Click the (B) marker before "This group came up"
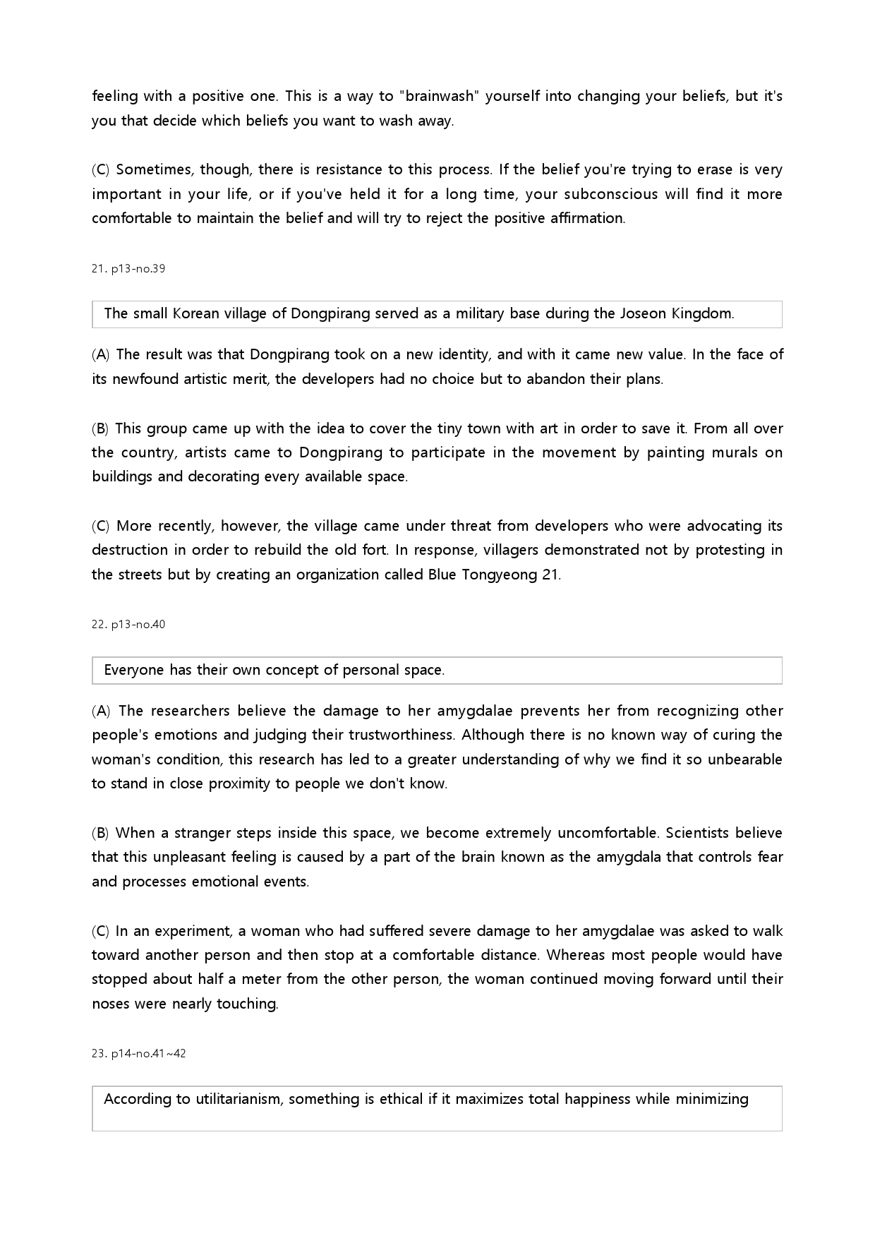pyautogui.click(x=100, y=428)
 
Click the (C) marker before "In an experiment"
pyautogui.click(x=100, y=931)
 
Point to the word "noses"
pyautogui.click(x=111, y=1004)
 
